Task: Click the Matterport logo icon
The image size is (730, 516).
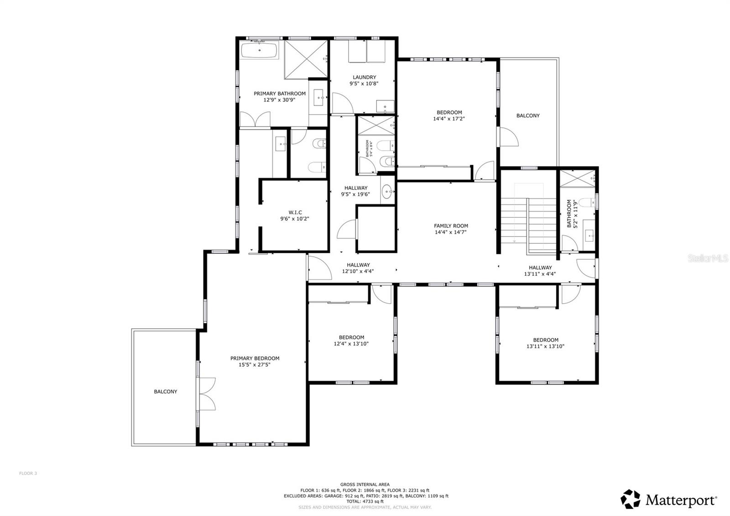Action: click(x=631, y=500)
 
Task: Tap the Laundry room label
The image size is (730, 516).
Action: click(x=364, y=77)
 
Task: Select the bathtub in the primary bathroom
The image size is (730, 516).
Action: click(x=259, y=49)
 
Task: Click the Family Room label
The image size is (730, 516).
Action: click(x=451, y=226)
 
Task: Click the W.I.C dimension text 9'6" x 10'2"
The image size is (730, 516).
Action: click(x=294, y=219)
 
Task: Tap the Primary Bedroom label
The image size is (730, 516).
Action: click(x=255, y=358)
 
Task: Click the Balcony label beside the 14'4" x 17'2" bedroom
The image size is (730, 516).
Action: click(x=528, y=116)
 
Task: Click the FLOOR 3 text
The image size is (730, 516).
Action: click(x=28, y=474)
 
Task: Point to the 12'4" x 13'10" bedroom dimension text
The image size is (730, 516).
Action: click(x=351, y=344)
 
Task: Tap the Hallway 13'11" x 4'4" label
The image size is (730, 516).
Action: click(x=540, y=268)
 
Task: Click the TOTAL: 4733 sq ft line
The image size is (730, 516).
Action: click(x=365, y=501)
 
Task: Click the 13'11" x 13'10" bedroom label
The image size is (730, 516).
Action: click(x=545, y=340)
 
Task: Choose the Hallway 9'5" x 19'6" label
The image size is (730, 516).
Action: click(x=355, y=188)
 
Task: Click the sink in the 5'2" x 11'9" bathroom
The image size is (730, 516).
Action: click(x=589, y=236)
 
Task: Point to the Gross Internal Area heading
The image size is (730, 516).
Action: click(x=365, y=484)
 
